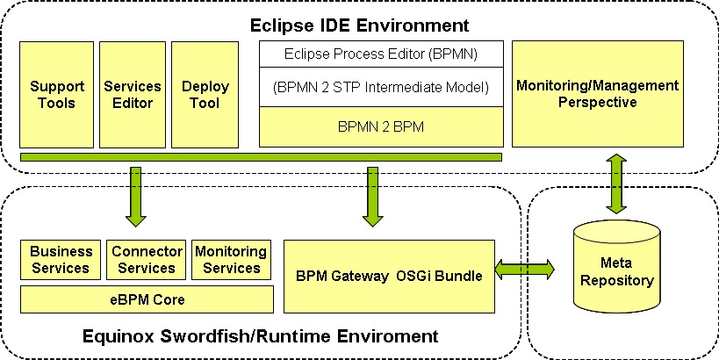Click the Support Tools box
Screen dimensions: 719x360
click(56, 95)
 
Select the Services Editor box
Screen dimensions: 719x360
click(133, 95)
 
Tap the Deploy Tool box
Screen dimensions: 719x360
click(205, 95)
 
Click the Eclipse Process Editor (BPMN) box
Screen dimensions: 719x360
click(381, 54)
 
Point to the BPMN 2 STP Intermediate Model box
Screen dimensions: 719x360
click(381, 87)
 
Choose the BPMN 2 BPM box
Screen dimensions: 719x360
click(381, 127)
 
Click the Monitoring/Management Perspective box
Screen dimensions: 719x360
click(598, 94)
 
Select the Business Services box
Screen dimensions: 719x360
click(61, 260)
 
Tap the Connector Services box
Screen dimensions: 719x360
click(147, 260)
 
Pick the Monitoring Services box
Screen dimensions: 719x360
click(231, 260)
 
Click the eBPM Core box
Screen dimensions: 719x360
click(147, 299)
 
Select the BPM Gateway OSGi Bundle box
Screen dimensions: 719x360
click(389, 277)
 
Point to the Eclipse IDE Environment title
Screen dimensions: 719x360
click(360, 25)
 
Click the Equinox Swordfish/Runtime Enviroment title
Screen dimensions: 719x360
click(261, 336)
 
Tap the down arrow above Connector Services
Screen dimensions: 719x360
click(136, 197)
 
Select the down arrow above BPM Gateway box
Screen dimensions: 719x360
click(372, 197)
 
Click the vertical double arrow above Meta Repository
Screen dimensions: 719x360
click(617, 184)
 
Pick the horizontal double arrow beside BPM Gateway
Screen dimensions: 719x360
click(525, 270)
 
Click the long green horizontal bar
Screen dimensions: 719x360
click(261, 157)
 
